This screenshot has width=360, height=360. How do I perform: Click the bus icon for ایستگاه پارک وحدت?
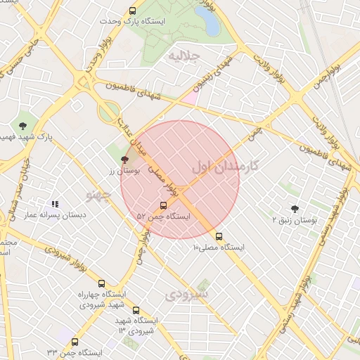click(x=133, y=11)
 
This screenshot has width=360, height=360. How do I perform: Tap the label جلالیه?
click(x=182, y=56)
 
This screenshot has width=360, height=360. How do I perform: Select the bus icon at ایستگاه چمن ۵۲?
click(x=164, y=206)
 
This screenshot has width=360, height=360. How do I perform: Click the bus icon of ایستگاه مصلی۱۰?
click(x=219, y=237)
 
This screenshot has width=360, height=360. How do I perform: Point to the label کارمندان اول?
click(x=225, y=167)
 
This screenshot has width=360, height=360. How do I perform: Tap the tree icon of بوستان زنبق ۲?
click(x=294, y=208)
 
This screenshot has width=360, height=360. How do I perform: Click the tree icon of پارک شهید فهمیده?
click(x=25, y=126)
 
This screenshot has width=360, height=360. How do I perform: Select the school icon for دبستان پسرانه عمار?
click(x=55, y=205)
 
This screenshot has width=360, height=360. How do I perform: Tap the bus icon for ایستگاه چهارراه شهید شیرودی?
click(x=102, y=283)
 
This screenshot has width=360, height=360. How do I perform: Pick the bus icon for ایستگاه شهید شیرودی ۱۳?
click(x=136, y=310)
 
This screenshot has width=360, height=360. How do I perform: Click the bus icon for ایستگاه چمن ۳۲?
click(x=75, y=342)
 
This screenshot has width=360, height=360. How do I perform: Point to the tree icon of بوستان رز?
click(x=125, y=160)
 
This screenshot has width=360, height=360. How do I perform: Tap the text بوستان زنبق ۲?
click(x=295, y=219)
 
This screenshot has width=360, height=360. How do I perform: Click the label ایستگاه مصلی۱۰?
click(x=220, y=247)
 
